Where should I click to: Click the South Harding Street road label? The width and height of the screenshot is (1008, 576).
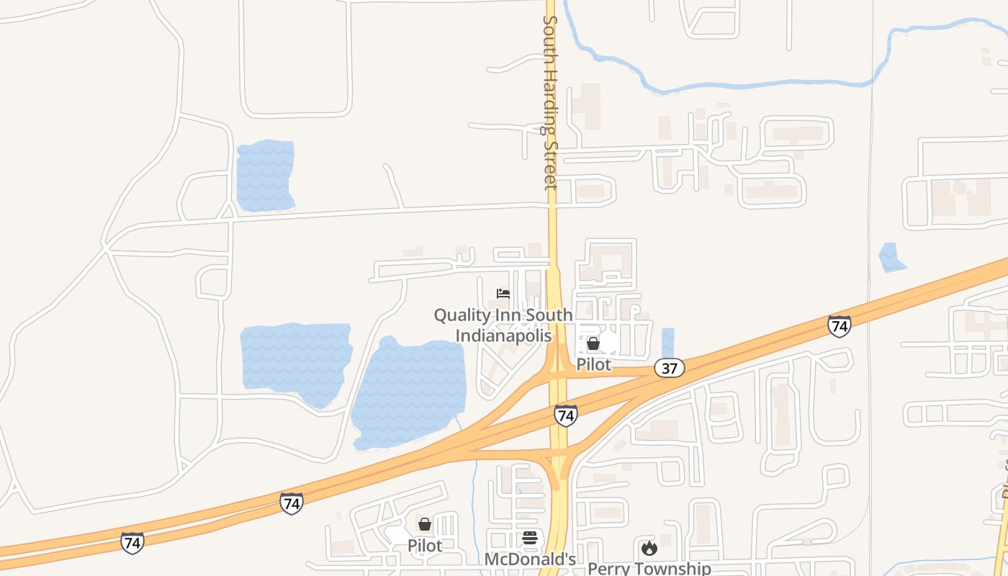(550, 101)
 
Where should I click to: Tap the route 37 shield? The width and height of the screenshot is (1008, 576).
(670, 369)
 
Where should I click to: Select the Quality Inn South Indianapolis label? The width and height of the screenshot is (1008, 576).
(503, 325)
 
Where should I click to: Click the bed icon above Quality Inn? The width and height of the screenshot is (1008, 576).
(503, 294)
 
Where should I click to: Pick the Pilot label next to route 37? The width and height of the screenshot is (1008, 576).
(593, 364)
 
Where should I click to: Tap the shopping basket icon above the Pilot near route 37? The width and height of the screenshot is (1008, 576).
(593, 343)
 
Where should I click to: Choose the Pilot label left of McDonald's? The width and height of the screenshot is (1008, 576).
(425, 545)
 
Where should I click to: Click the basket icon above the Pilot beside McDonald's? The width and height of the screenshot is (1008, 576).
(425, 524)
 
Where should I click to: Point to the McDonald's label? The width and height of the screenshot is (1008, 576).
(530, 559)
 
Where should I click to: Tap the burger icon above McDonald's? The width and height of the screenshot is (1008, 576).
(530, 538)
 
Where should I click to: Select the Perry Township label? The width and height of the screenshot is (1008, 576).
(649, 568)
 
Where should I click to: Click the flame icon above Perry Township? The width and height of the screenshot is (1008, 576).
(649, 548)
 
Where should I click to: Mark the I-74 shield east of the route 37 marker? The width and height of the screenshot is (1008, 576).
(839, 326)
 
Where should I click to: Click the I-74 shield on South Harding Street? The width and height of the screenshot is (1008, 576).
(565, 415)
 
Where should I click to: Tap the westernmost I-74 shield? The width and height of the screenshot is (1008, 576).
(132, 542)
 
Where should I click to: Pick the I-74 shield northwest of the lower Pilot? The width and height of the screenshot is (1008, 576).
(292, 503)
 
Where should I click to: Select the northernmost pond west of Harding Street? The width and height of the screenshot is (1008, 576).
(265, 175)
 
